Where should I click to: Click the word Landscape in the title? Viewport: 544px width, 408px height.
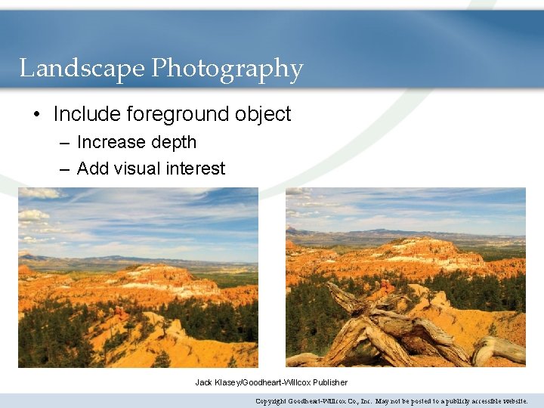pos(82,69)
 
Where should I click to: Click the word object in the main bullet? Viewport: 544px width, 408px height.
pos(262,114)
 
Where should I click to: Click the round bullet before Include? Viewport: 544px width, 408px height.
pos(37,115)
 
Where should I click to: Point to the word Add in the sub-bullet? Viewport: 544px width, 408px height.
pos(92,168)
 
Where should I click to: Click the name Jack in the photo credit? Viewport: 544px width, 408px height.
pos(203,382)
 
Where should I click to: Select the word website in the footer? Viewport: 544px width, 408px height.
pos(510,401)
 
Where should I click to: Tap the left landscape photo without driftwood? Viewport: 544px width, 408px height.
pos(138,277)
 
